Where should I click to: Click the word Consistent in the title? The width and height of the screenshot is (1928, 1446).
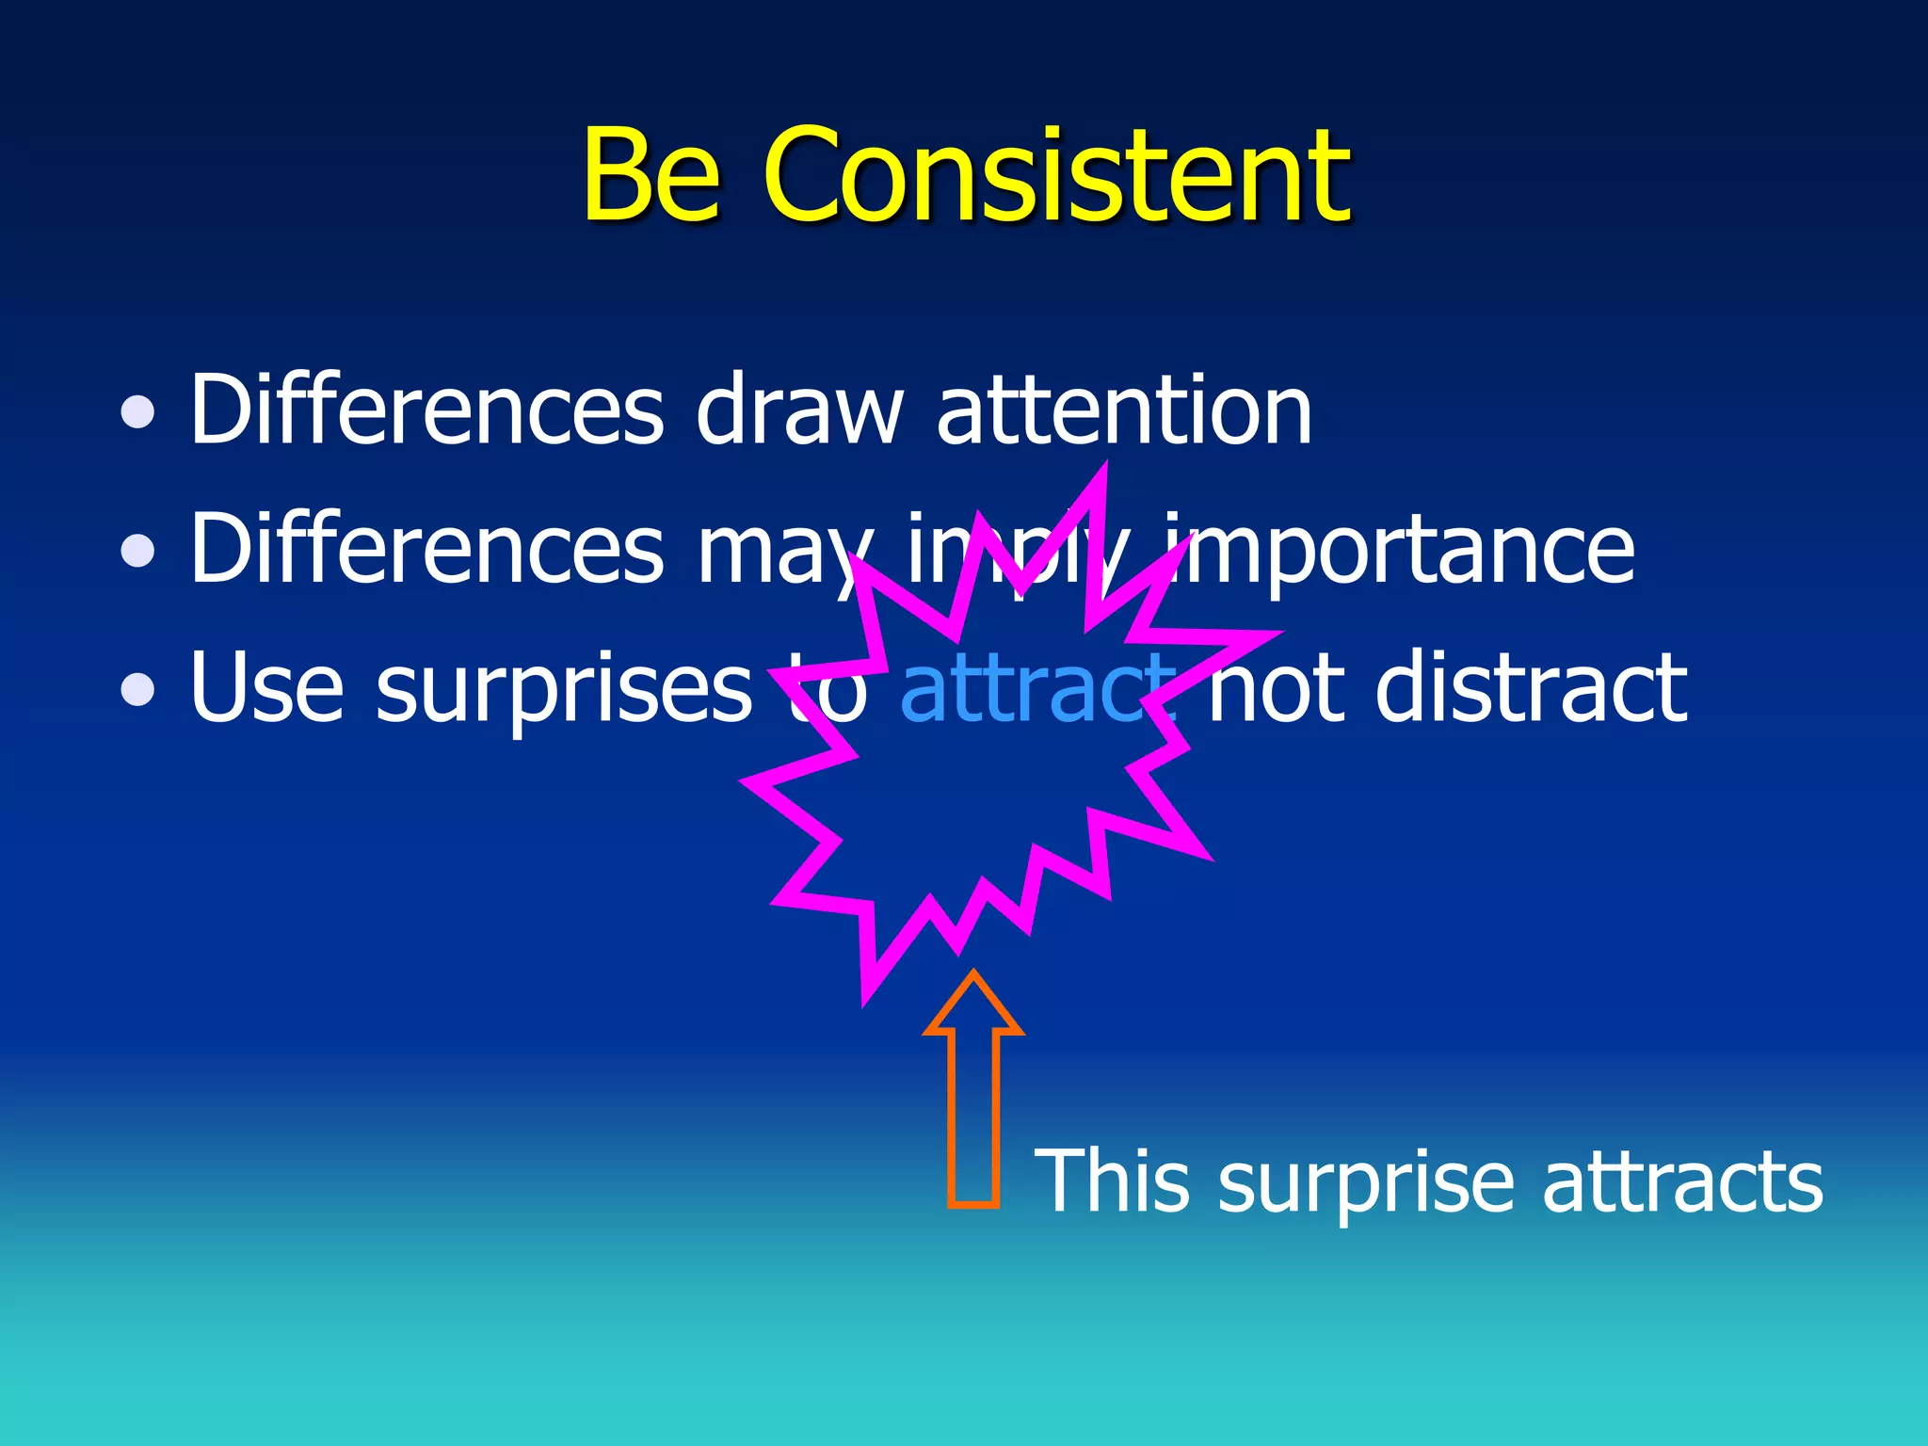click(1056, 177)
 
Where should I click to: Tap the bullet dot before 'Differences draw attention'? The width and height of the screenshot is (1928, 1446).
click(138, 411)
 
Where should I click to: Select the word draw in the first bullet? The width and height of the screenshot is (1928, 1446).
click(798, 411)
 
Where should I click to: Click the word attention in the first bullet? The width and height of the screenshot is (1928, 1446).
click(1124, 411)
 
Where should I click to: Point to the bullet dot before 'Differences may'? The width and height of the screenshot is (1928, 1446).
click(138, 551)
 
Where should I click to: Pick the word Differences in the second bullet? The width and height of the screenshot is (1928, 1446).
click(426, 551)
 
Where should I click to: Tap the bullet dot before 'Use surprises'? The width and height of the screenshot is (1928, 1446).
click(138, 689)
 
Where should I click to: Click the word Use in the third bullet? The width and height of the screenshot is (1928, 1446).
click(266, 689)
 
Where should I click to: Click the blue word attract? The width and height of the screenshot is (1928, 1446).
click(1036, 689)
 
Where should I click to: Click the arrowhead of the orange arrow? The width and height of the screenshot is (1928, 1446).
click(973, 1007)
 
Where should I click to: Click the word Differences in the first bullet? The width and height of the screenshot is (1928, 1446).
click(426, 411)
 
